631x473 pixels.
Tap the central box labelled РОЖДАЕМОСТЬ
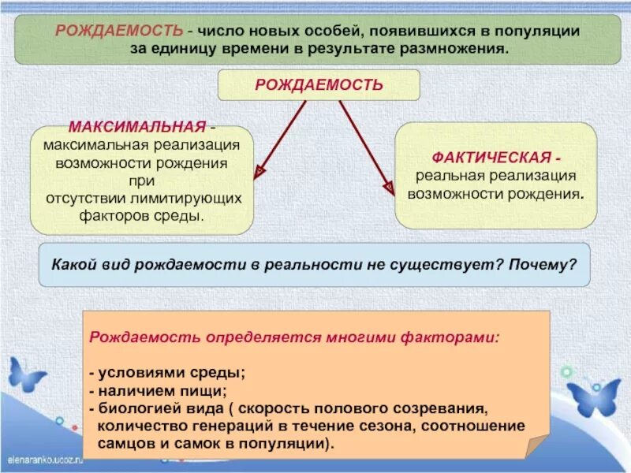319,85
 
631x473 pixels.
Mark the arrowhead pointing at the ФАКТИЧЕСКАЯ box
388,188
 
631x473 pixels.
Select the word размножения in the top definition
461,48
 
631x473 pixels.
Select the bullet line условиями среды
167,373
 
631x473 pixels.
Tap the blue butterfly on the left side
25,375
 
